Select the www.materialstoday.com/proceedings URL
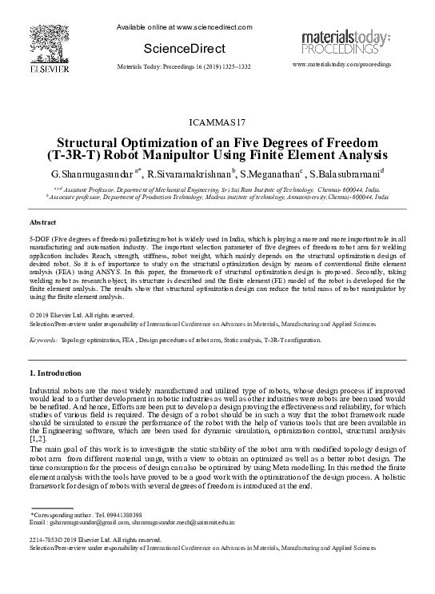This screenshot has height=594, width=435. coord(342,63)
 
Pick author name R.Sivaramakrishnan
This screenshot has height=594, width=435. coord(189,173)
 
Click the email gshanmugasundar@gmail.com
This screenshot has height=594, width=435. coord(71,522)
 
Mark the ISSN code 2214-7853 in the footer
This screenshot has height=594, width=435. coord(45,540)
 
